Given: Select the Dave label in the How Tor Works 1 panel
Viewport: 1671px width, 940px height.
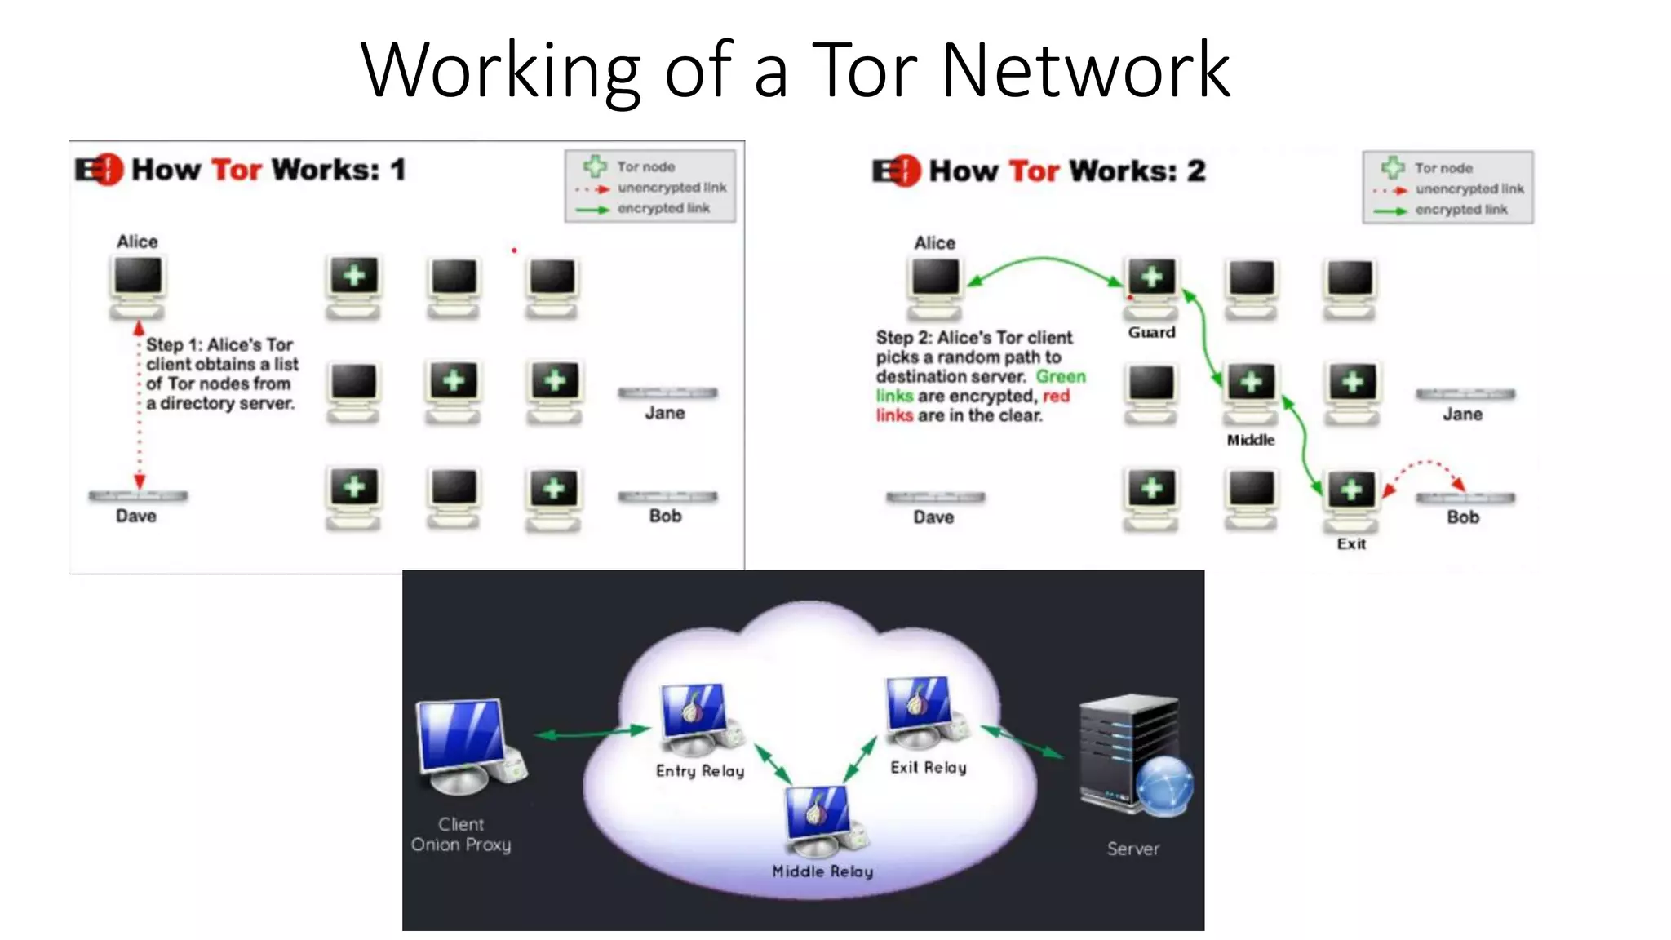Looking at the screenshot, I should [x=136, y=516].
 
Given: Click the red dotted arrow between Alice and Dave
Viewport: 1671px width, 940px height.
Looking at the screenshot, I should [x=140, y=408].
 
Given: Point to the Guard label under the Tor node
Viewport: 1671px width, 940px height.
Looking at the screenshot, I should [x=1151, y=332].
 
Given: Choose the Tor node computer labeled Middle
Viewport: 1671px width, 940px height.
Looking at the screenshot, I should [x=1251, y=390].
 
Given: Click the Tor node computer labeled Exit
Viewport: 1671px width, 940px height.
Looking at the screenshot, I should [x=1351, y=496].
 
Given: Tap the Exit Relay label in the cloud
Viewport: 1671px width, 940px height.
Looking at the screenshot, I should [x=929, y=768].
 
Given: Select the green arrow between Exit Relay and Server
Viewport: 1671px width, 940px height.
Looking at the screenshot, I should [x=1024, y=741].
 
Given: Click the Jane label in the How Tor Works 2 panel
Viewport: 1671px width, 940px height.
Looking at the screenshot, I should [x=1462, y=415].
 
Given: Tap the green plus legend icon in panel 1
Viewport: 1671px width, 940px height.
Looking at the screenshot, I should [x=595, y=166].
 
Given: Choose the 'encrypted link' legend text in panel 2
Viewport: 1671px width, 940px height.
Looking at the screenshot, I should [x=1461, y=210].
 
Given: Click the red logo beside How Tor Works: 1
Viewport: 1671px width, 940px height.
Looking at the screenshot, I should [x=100, y=170].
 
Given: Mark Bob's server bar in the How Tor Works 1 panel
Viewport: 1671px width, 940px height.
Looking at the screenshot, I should [x=667, y=496].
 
